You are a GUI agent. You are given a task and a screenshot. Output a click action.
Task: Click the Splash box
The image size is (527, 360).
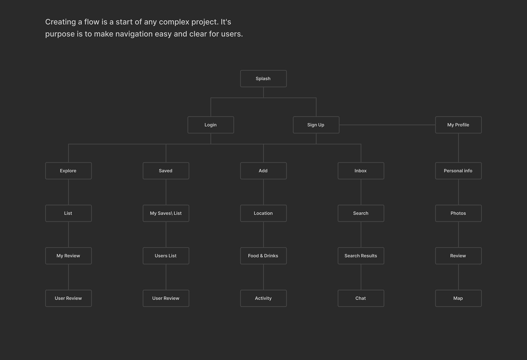(x=263, y=79)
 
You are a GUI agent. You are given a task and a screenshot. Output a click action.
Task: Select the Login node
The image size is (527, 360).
(x=211, y=125)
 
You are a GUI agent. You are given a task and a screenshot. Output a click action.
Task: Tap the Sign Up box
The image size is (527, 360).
(x=316, y=125)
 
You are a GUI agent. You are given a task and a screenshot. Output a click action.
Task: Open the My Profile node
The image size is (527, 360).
(x=458, y=125)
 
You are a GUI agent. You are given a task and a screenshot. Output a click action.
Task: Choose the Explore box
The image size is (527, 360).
(x=68, y=171)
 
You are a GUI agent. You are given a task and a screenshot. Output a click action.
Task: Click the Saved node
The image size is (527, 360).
(x=166, y=171)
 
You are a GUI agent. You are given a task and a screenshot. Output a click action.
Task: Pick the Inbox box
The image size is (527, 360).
(x=361, y=171)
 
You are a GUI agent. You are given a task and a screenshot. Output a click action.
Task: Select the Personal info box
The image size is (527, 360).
(x=458, y=171)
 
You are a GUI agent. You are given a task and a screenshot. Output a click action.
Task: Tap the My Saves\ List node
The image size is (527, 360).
(x=166, y=213)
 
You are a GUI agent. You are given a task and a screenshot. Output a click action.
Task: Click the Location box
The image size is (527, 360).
(x=263, y=213)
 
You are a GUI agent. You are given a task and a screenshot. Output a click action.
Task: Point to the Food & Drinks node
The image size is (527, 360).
(x=263, y=256)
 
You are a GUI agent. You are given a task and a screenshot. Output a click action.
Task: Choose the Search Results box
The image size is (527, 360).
(x=361, y=256)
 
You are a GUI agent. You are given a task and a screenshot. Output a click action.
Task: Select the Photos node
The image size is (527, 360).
(x=458, y=213)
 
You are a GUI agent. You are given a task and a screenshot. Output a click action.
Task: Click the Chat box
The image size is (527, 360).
(x=361, y=298)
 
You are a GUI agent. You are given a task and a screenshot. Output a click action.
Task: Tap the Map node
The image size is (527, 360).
(x=458, y=298)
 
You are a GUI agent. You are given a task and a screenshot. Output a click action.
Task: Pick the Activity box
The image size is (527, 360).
(x=263, y=298)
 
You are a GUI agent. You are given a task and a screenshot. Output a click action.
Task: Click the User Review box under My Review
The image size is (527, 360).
(x=68, y=298)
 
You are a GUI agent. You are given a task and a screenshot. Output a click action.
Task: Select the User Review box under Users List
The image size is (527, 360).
(x=166, y=298)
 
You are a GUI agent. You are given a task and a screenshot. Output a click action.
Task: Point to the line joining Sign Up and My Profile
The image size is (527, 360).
(x=387, y=125)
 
